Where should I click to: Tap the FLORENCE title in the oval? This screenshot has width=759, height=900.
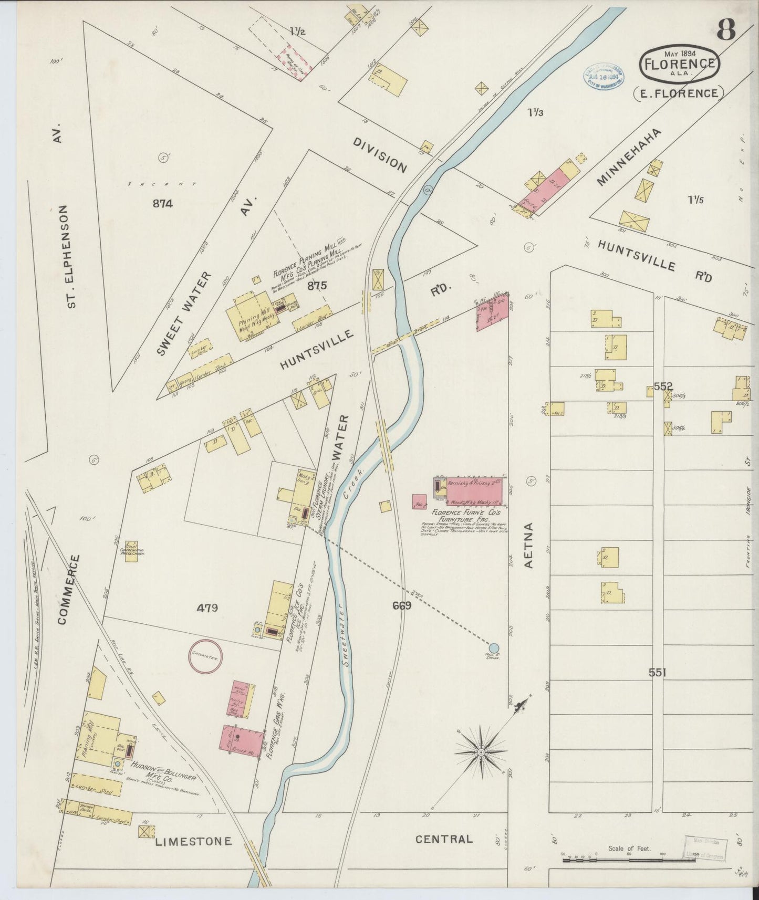(x=679, y=64)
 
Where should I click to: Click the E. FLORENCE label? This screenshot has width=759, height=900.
(x=679, y=93)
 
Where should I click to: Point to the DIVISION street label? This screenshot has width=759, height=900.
(x=380, y=155)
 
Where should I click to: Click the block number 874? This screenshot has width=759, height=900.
(x=163, y=204)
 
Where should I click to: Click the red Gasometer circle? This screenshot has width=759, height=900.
(x=205, y=656)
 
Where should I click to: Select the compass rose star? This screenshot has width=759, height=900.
(x=480, y=752)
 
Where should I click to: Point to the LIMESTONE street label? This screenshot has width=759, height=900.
(x=193, y=842)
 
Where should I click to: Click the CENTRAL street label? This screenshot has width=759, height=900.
(x=444, y=839)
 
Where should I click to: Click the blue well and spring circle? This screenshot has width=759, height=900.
(x=494, y=647)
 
